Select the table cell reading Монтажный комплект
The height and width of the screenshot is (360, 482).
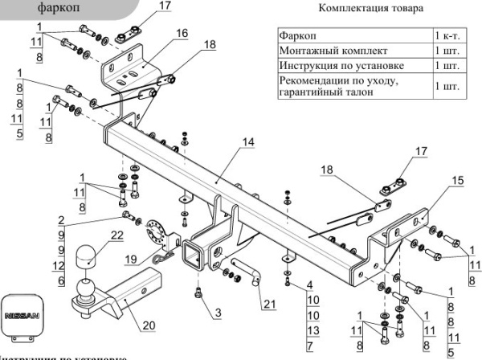(x=326, y=51)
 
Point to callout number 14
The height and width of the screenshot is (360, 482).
(x=247, y=142)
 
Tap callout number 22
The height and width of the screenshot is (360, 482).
(x=117, y=235)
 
